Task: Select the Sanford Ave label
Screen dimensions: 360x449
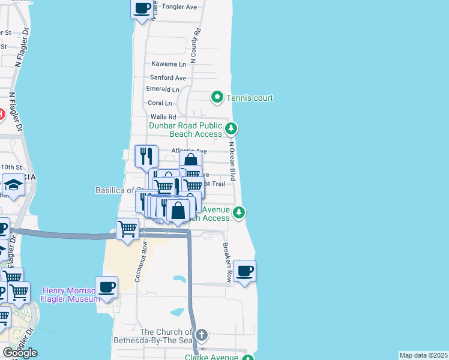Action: (168, 78)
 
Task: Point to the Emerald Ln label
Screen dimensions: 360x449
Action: (163, 89)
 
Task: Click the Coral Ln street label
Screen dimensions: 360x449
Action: (160, 103)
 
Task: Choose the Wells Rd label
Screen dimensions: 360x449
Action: (163, 117)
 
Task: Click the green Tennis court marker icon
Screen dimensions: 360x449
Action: (217, 97)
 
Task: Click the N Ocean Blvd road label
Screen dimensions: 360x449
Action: (232, 161)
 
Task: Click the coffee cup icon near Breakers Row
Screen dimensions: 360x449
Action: (244, 271)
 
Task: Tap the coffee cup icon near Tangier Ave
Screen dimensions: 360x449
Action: (142, 8)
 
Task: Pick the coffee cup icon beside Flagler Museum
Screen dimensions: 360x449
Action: (106, 287)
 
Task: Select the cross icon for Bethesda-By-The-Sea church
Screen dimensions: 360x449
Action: (202, 335)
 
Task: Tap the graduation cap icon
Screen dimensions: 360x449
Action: (13, 186)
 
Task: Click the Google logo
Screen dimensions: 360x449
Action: (20, 353)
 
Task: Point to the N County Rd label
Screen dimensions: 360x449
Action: (195, 45)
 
